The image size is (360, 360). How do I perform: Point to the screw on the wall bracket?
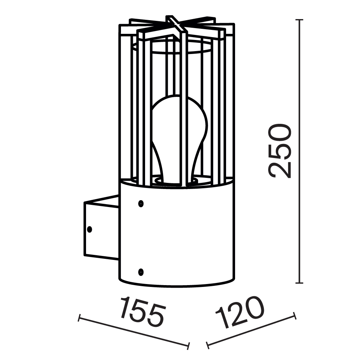pyautogui.click(x=89, y=229)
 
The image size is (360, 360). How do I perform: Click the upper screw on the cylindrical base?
pyautogui.click(x=141, y=204)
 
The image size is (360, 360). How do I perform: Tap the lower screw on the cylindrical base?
pyautogui.click(x=141, y=271)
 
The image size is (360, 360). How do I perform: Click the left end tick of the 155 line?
pyautogui.click(x=79, y=318)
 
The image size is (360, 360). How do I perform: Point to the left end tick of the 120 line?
pyautogui.click(x=208, y=346)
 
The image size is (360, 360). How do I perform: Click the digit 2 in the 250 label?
pyautogui.click(x=280, y=169)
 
